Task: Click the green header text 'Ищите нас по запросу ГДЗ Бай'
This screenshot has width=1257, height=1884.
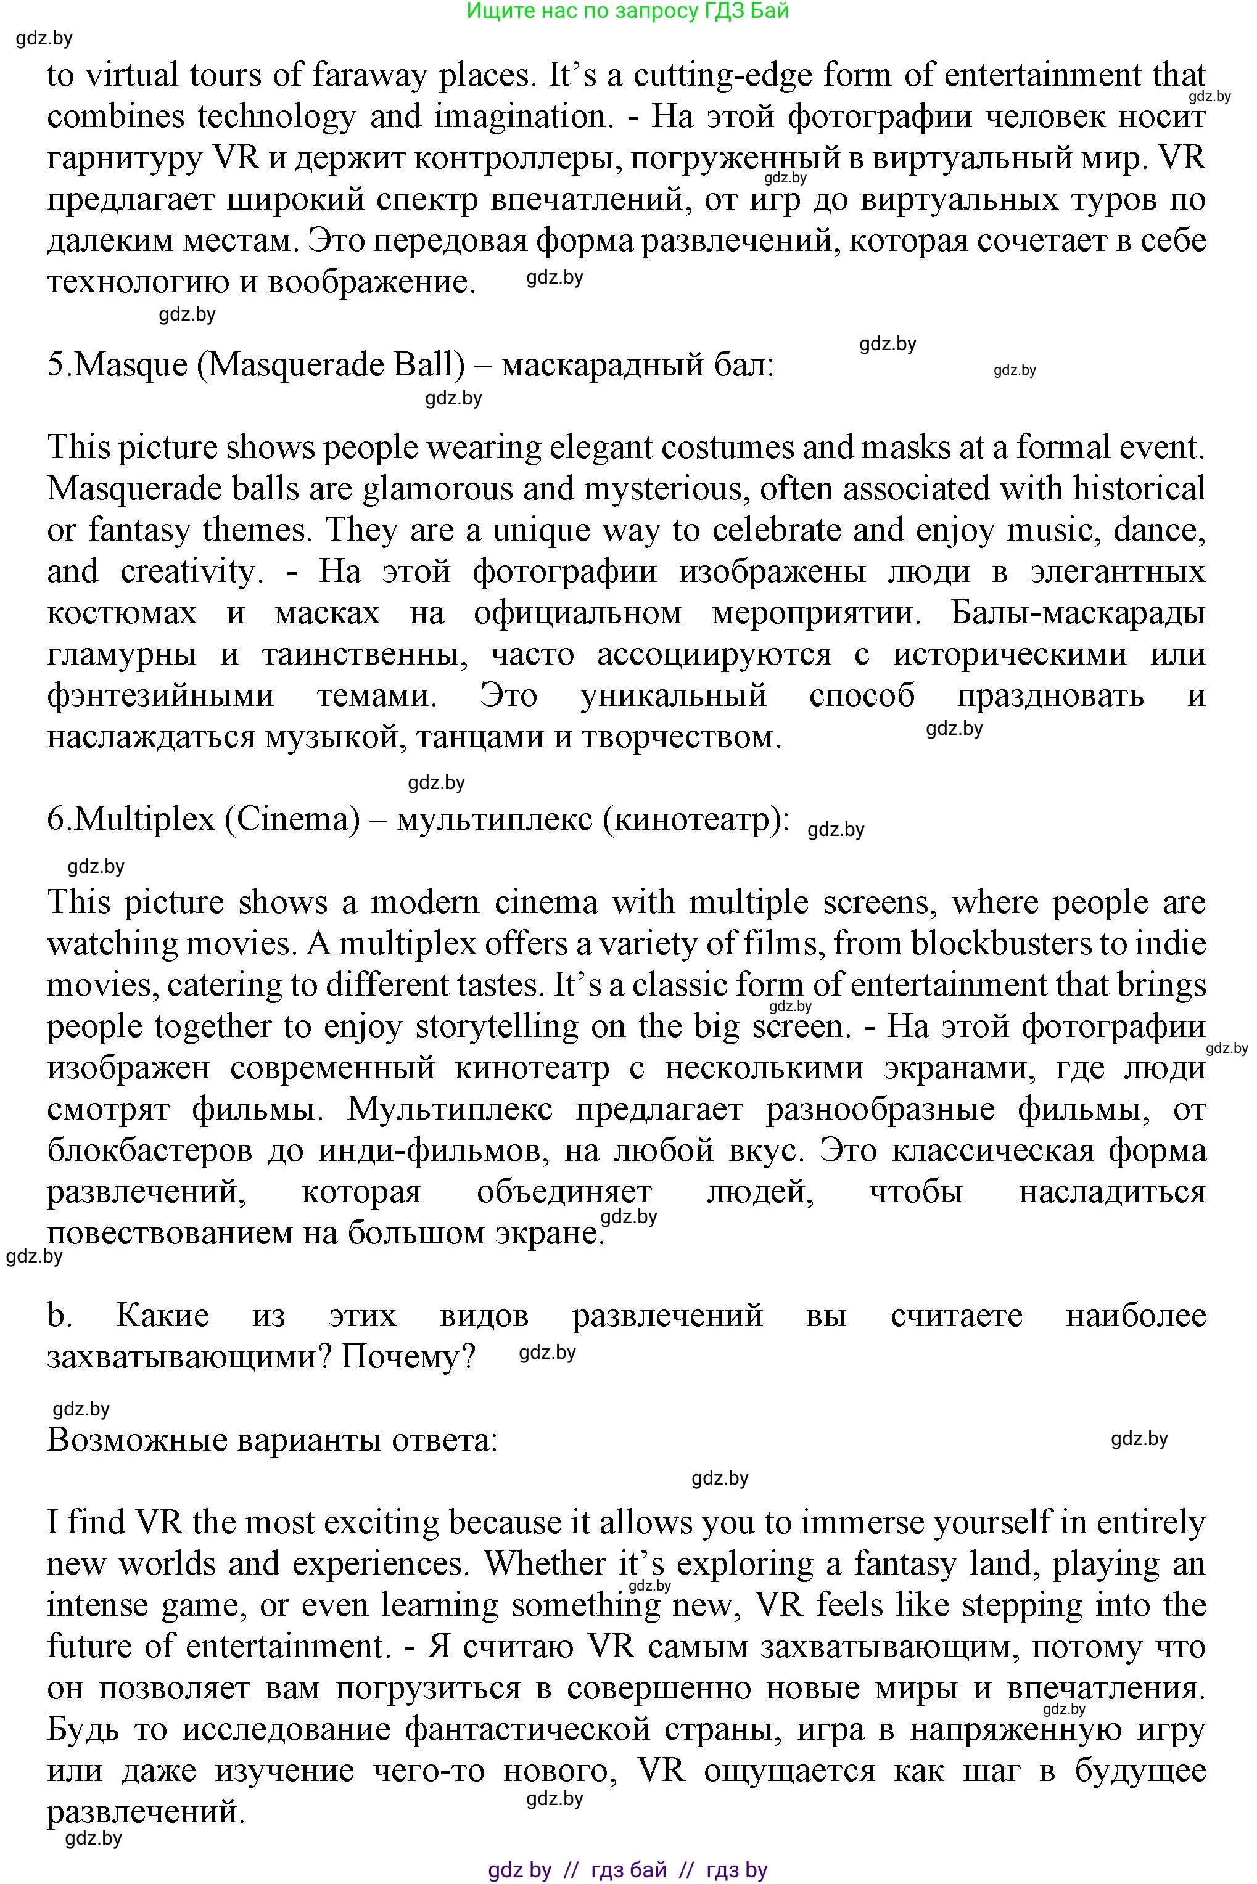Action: coord(628,11)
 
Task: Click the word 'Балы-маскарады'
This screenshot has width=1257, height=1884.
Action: coord(1078,613)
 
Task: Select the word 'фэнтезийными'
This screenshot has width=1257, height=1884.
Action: coord(160,695)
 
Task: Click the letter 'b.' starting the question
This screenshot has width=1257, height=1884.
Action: coord(59,1316)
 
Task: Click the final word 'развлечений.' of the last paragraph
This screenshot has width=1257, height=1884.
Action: coord(145,1812)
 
